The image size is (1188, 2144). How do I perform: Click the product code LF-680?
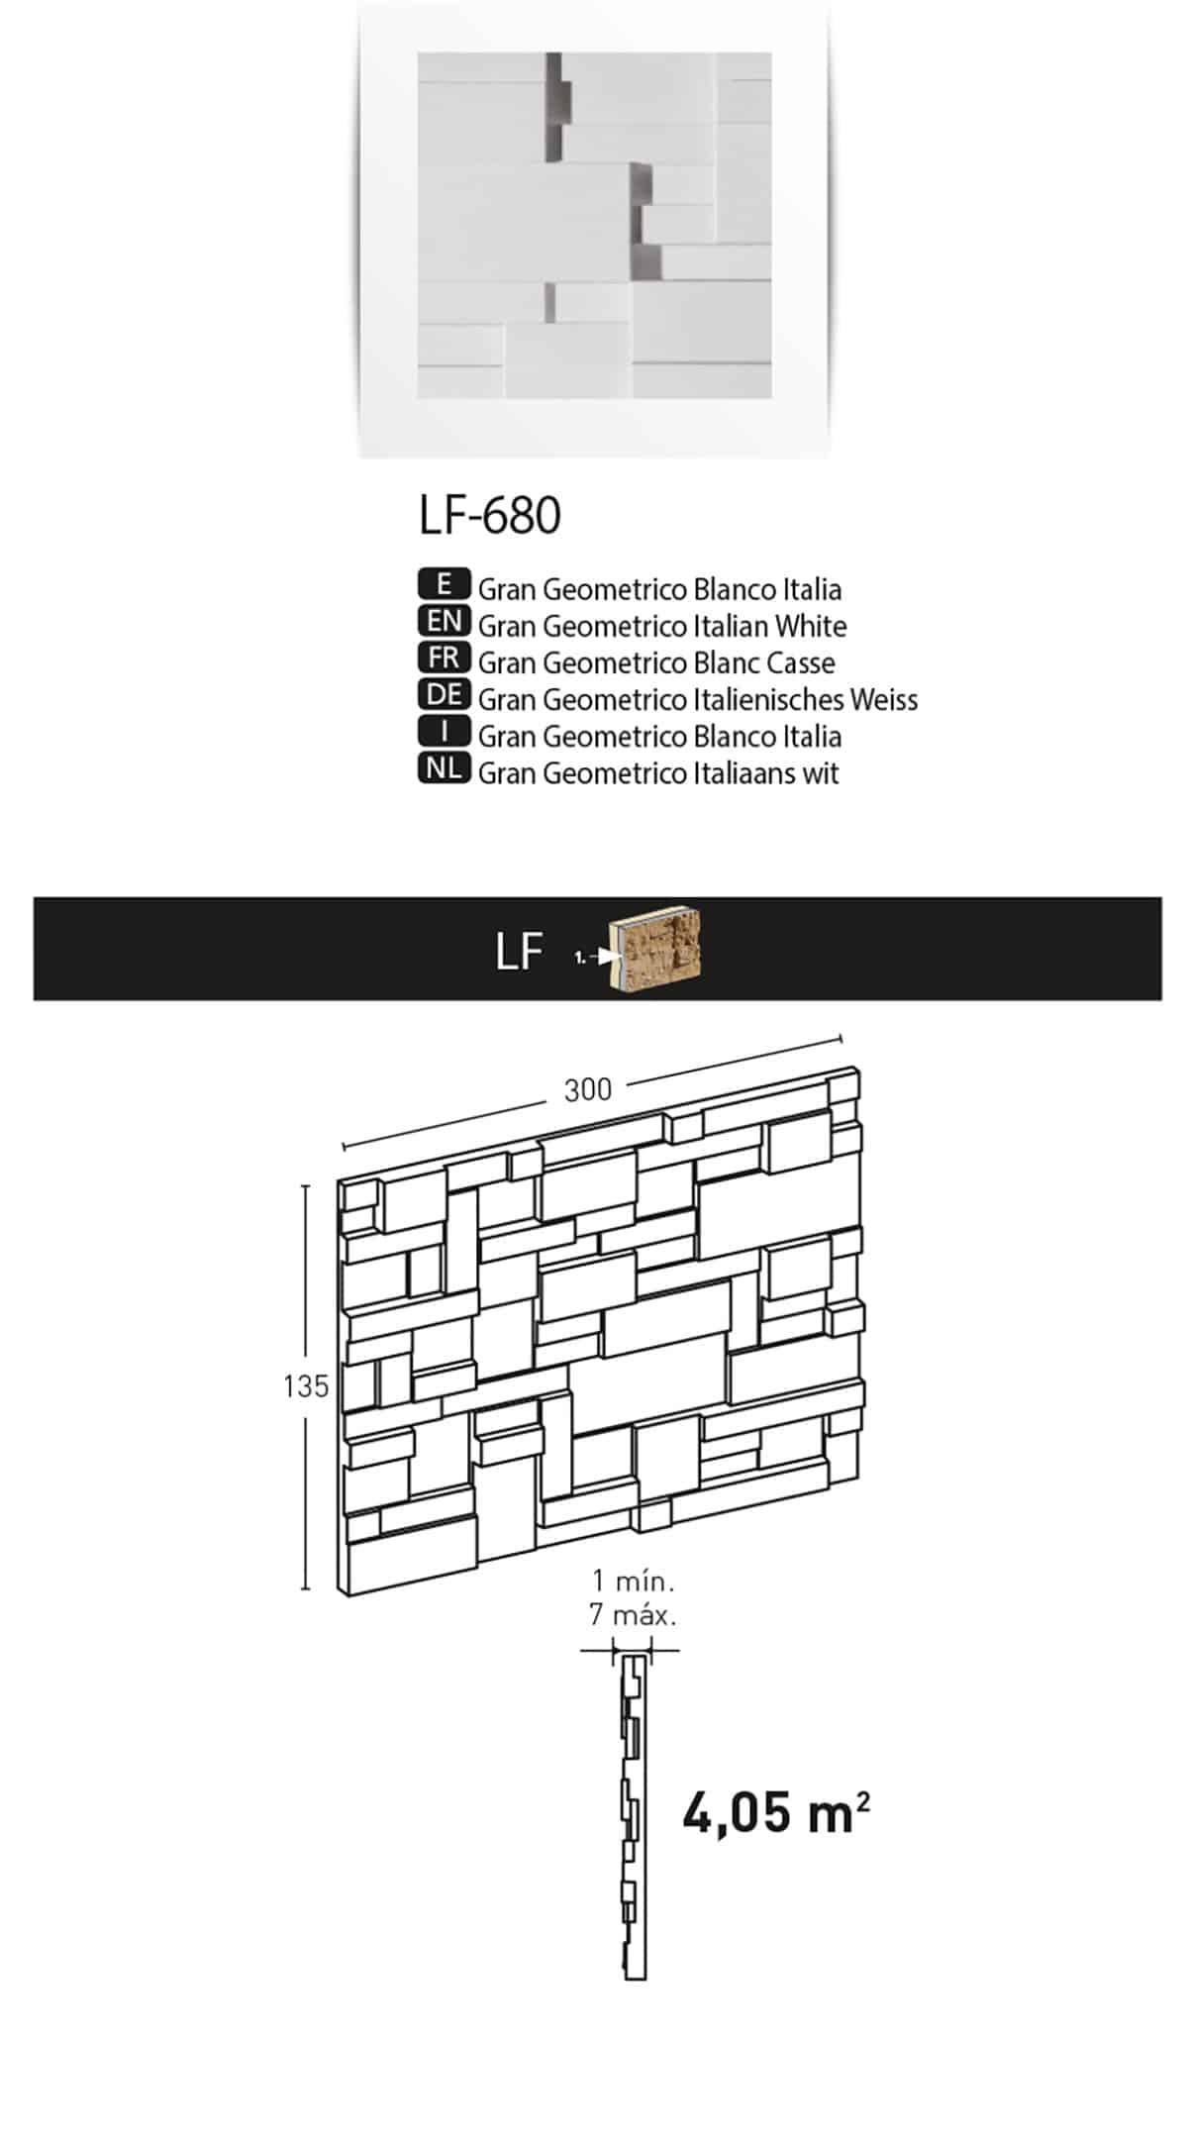tap(490, 515)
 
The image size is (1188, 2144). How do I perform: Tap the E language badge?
tap(445, 584)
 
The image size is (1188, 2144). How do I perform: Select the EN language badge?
tap(445, 621)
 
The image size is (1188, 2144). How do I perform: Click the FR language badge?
tap(445, 658)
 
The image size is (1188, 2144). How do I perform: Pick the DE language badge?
tap(445, 694)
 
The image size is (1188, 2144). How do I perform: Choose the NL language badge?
tap(445, 768)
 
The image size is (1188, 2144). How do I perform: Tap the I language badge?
tap(445, 732)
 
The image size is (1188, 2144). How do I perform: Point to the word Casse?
tap(798, 663)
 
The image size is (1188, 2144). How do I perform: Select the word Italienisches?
tap(765, 699)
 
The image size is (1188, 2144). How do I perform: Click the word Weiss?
tap(882, 699)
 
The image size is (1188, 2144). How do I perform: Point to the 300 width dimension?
tap(588, 1089)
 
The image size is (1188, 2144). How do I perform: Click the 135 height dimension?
tap(305, 1386)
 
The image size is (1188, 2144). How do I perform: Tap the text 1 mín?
tap(633, 1580)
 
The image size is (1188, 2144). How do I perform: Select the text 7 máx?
tap(633, 1615)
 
